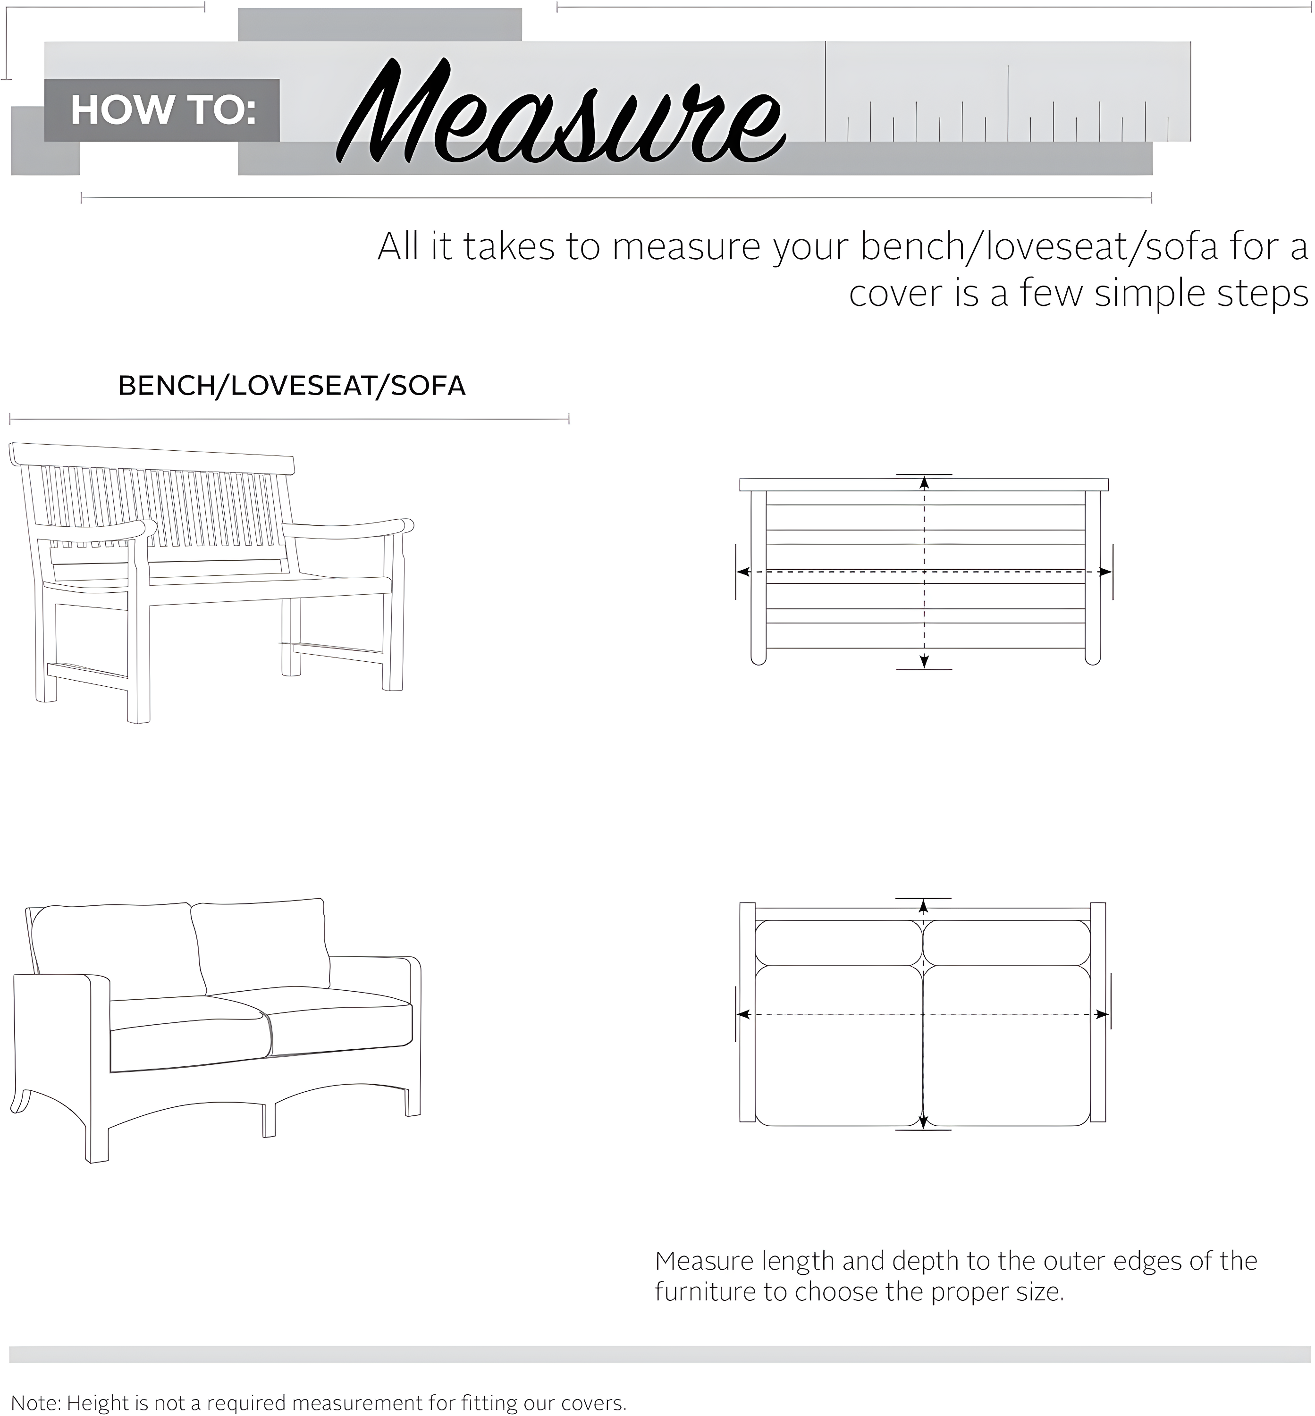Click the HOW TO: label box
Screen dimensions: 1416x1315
coord(162,110)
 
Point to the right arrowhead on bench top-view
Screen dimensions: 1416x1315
coord(1105,572)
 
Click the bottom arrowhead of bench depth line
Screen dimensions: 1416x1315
coord(924,661)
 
